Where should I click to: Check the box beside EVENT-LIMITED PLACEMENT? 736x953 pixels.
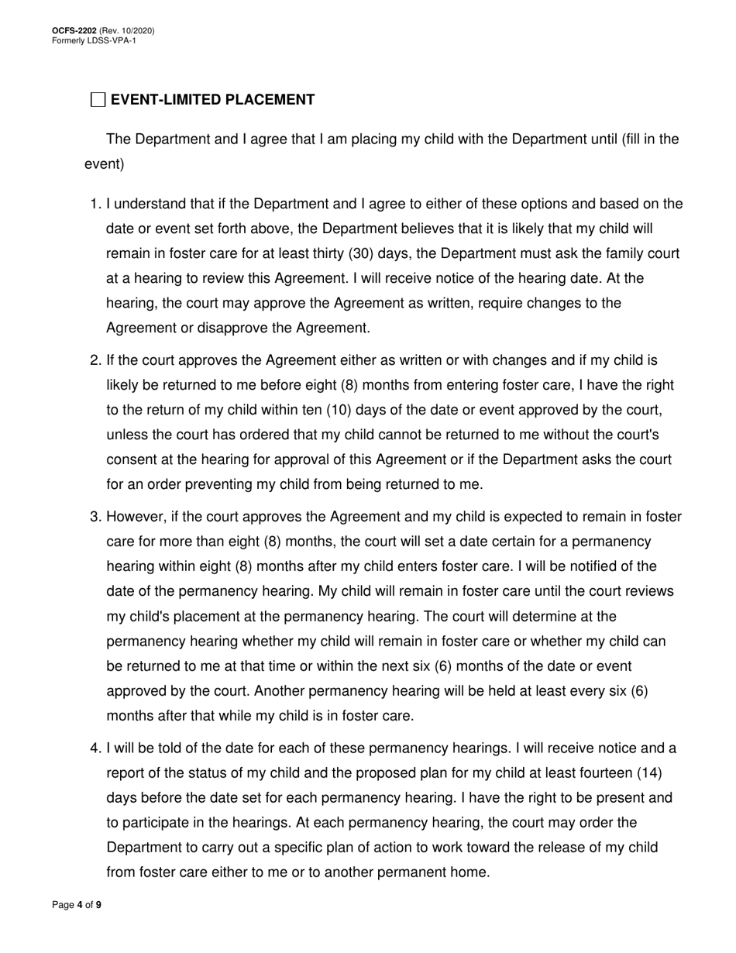98,100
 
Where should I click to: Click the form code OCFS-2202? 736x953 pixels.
74,31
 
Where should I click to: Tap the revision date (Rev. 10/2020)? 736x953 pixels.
126,31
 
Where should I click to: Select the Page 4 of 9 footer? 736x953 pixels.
77,905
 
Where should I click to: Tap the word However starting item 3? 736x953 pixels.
136,517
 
